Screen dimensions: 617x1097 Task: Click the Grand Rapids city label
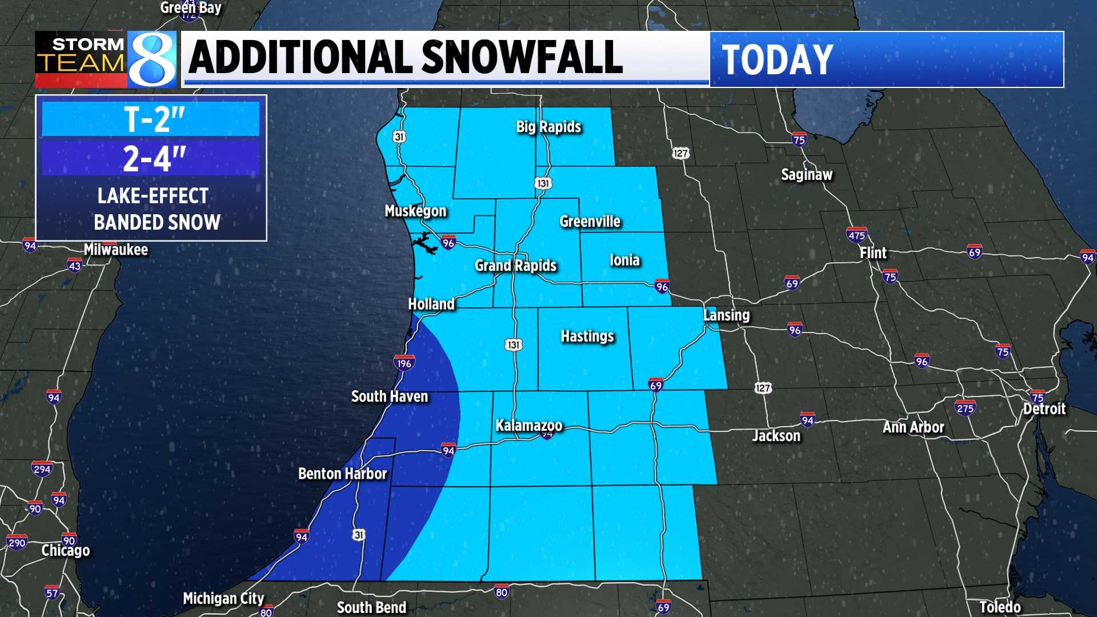point(515,266)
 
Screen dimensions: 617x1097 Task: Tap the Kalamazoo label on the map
point(529,426)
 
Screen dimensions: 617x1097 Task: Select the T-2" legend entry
point(151,119)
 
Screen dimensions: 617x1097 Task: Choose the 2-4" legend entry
point(151,158)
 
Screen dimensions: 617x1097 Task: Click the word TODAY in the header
point(777,59)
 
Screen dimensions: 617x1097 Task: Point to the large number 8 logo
point(152,59)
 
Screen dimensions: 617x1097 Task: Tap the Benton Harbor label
point(342,474)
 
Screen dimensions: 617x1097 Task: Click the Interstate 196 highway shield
point(404,363)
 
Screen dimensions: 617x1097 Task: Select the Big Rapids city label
point(548,127)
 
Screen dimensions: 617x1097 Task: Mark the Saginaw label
point(806,175)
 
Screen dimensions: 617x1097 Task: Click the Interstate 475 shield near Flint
point(856,235)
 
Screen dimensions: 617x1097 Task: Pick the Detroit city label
point(1044,409)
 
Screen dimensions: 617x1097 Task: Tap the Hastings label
point(587,336)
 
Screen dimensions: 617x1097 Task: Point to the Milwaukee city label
point(115,250)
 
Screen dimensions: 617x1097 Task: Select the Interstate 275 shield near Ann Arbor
point(965,408)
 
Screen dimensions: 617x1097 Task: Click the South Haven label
point(389,396)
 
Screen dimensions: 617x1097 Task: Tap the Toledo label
point(999,607)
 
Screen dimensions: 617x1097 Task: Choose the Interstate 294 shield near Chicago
point(42,470)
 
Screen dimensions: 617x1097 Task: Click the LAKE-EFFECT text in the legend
point(153,196)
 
